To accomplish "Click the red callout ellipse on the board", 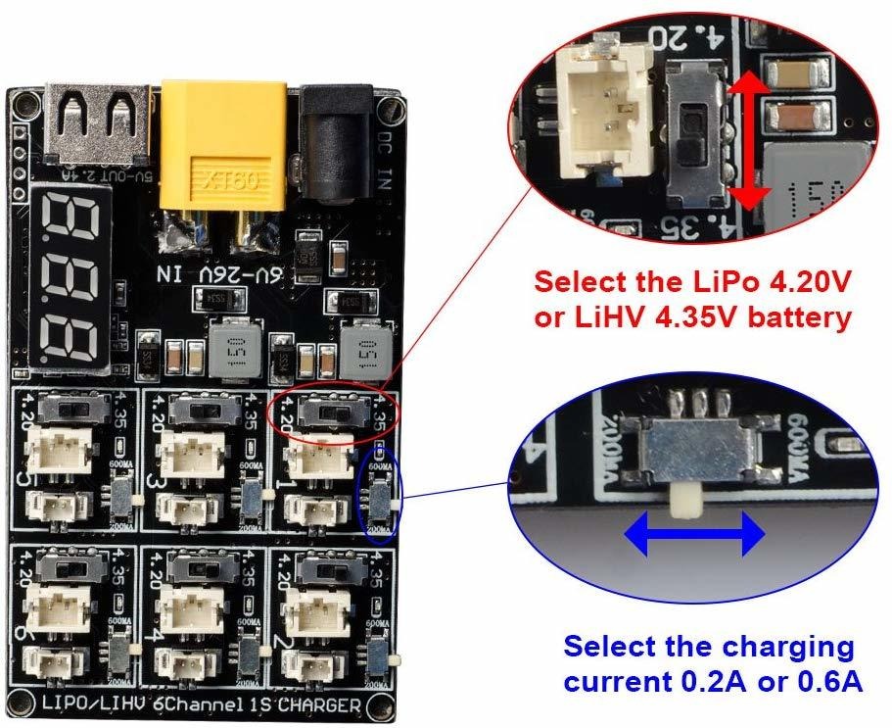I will pyautogui.click(x=335, y=412).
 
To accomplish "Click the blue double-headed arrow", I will pyautogui.click(x=695, y=534).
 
